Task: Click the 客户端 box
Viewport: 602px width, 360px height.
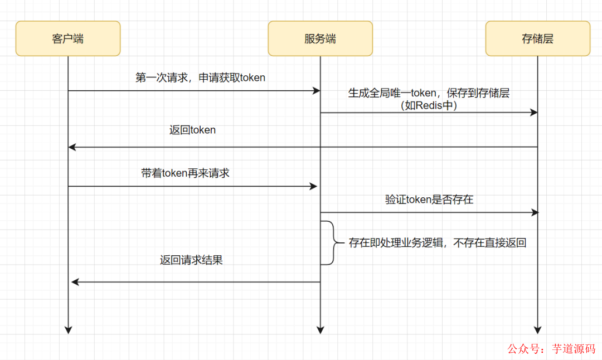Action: point(68,38)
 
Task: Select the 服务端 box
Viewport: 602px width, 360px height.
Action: point(320,38)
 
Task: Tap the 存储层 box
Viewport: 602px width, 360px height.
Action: point(537,38)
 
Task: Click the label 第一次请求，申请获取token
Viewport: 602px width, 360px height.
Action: point(200,77)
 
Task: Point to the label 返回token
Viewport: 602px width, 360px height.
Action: point(192,130)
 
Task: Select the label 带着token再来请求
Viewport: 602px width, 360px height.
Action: point(185,173)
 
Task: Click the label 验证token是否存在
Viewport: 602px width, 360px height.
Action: point(429,199)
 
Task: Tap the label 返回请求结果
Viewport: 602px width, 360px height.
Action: point(191,260)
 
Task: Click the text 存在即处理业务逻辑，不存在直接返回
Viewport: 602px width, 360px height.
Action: point(438,242)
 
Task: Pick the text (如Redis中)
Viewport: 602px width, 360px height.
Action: point(429,105)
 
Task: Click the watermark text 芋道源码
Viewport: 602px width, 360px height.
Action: point(574,349)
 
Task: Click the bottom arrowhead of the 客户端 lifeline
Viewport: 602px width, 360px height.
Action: point(68,329)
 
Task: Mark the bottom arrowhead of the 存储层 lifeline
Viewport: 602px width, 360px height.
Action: point(537,329)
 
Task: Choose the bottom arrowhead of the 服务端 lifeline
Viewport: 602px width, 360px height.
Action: point(320,329)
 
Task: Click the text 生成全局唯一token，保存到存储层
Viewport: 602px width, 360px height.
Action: point(429,93)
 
